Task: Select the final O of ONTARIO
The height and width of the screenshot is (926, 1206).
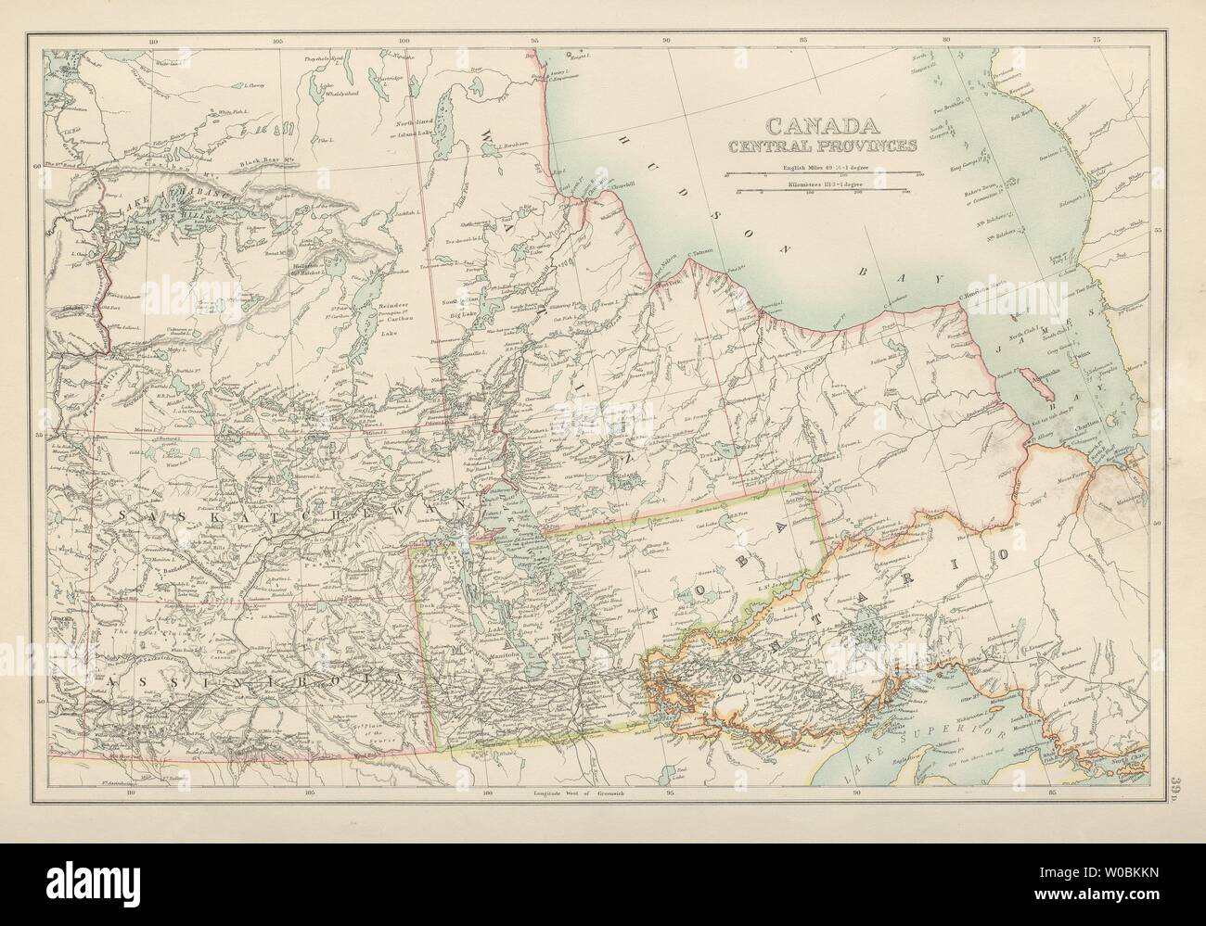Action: pos(1001,556)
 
